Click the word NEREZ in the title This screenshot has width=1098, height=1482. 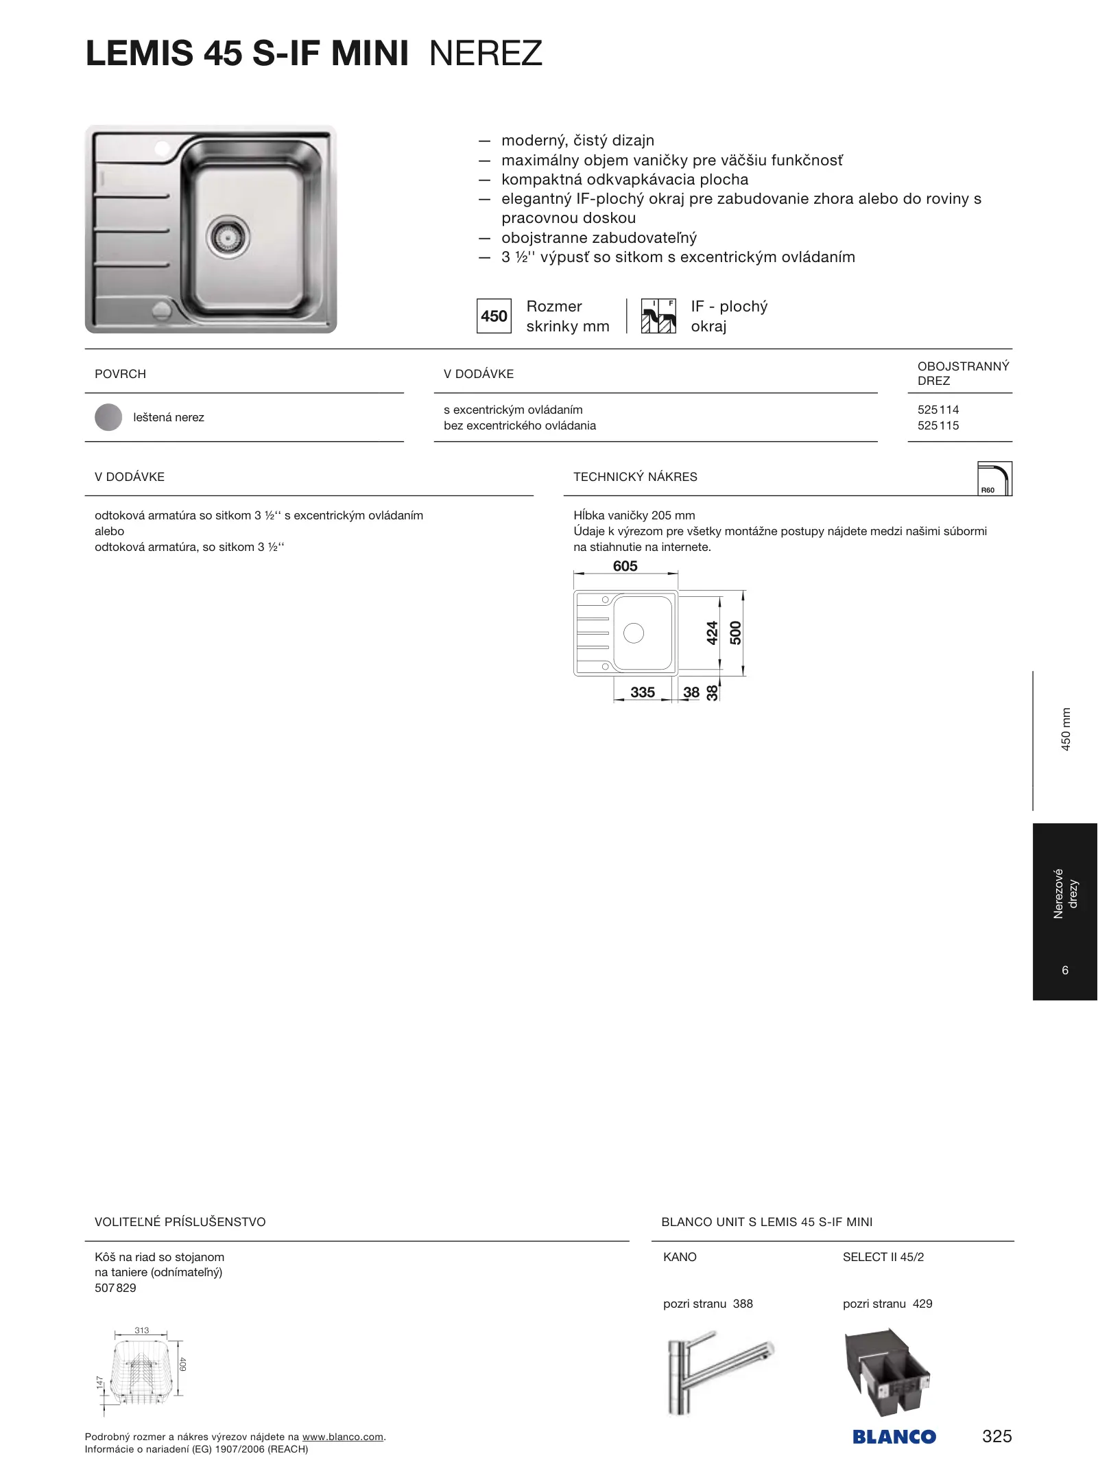(x=486, y=54)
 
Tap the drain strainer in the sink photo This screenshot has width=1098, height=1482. (x=228, y=237)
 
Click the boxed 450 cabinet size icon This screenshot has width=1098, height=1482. (x=494, y=316)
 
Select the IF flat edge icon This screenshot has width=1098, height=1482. (x=658, y=316)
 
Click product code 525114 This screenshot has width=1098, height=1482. (x=938, y=410)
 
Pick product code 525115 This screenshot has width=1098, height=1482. (x=938, y=425)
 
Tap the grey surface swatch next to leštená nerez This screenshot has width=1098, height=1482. (x=108, y=417)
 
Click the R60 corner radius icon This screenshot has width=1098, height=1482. (x=994, y=479)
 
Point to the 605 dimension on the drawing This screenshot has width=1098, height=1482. (x=625, y=566)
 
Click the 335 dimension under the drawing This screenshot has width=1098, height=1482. (x=643, y=692)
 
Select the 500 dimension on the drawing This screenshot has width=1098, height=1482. (x=736, y=633)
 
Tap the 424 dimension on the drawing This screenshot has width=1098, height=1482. (x=713, y=633)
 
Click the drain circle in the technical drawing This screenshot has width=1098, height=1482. (x=634, y=633)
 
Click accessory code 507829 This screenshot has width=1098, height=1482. (x=115, y=1288)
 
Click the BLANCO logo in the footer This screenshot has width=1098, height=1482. (x=894, y=1437)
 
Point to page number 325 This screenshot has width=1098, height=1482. (x=996, y=1436)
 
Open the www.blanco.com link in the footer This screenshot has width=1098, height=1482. (x=342, y=1437)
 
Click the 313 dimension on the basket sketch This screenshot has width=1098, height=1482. (x=141, y=1330)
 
